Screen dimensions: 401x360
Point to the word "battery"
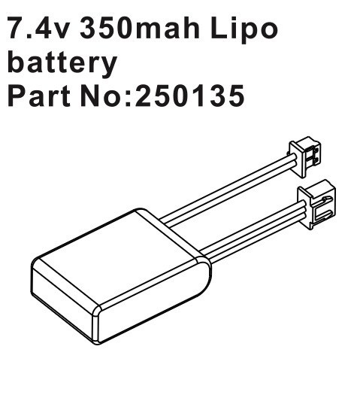click(x=62, y=63)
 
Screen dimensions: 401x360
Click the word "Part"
click(x=40, y=96)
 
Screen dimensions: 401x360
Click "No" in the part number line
click(x=105, y=96)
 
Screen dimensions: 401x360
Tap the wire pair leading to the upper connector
click(x=225, y=193)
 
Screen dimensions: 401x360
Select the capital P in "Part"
click(x=15, y=96)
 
